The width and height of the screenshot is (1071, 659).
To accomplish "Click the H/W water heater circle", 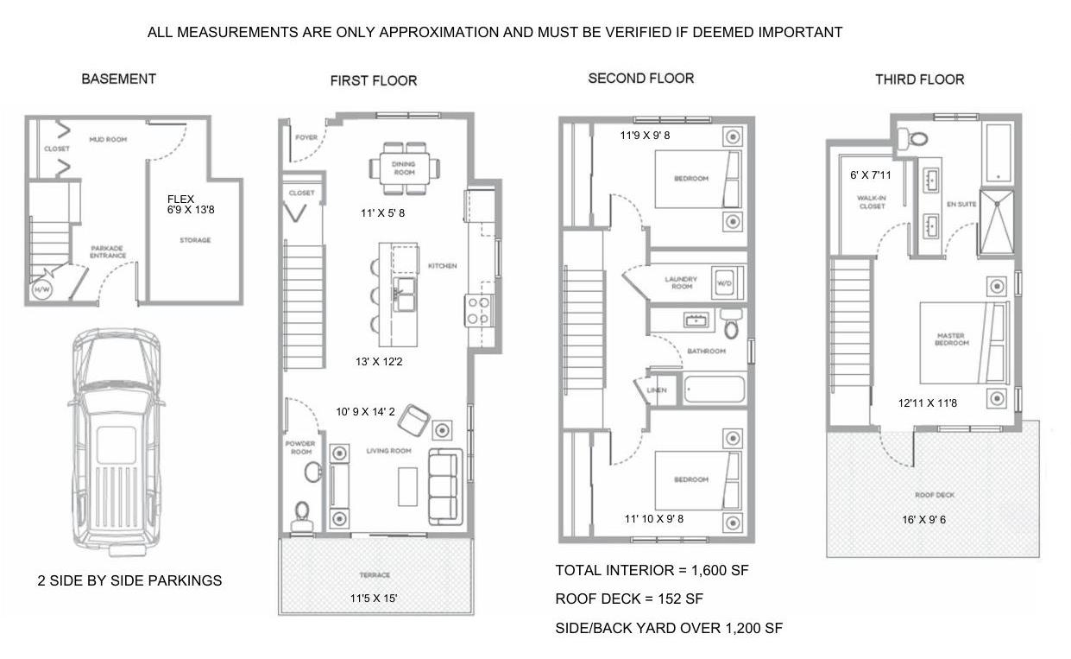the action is coord(41,289).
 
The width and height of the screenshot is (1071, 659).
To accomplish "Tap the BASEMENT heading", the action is coord(118,79).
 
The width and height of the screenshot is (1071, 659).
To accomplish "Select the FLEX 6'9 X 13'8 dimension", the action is coord(191,205).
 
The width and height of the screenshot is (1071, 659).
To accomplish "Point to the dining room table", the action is coord(405,168).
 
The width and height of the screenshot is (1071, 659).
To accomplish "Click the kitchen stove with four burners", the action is coord(479,311).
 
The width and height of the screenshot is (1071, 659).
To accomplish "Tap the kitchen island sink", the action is coord(405,295).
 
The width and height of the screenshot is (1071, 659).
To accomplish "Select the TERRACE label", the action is coord(375,574).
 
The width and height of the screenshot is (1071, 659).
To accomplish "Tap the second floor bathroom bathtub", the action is coord(715,389).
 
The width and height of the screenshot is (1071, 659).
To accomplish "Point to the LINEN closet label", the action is coord(657,390).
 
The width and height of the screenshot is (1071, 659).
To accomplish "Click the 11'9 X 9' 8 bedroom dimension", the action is coord(645,136).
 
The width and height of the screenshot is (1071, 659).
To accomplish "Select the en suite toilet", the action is coord(913,139).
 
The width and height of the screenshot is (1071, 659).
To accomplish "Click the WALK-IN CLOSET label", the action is coord(872,202).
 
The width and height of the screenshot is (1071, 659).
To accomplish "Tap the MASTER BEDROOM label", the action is coord(951,339).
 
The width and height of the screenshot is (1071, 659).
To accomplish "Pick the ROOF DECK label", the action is coord(935,495).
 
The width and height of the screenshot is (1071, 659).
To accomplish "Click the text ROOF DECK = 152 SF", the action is coord(629,599).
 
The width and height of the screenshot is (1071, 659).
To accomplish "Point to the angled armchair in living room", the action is coord(413,421).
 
